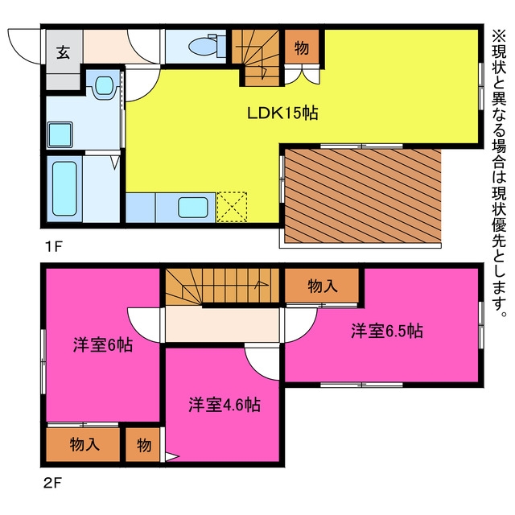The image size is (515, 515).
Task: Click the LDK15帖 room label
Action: pos(282,113)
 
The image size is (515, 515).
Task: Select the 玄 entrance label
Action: pos(64,52)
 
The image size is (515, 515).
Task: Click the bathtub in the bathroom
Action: pos(64,188)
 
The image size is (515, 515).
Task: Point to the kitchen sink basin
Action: pos(193,208)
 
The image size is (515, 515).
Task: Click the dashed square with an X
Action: pos(232,207)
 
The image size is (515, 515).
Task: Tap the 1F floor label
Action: pos(53,246)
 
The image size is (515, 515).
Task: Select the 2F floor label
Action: pos(52,483)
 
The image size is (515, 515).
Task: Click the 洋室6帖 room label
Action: pos(103,345)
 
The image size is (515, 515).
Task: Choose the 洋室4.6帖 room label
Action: pos(225,405)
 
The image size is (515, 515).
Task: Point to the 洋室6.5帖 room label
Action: pos(387,331)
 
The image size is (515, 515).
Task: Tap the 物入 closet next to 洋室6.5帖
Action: pos(322,286)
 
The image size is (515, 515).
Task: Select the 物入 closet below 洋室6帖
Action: pos(84,444)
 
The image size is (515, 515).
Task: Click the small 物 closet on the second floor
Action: pos(143,445)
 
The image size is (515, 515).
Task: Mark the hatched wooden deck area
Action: pos(363,196)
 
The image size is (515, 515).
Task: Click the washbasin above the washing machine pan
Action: pos(104,86)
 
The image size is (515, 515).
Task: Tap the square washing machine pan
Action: pos(60,134)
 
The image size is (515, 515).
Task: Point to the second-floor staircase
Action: pos(222,286)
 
